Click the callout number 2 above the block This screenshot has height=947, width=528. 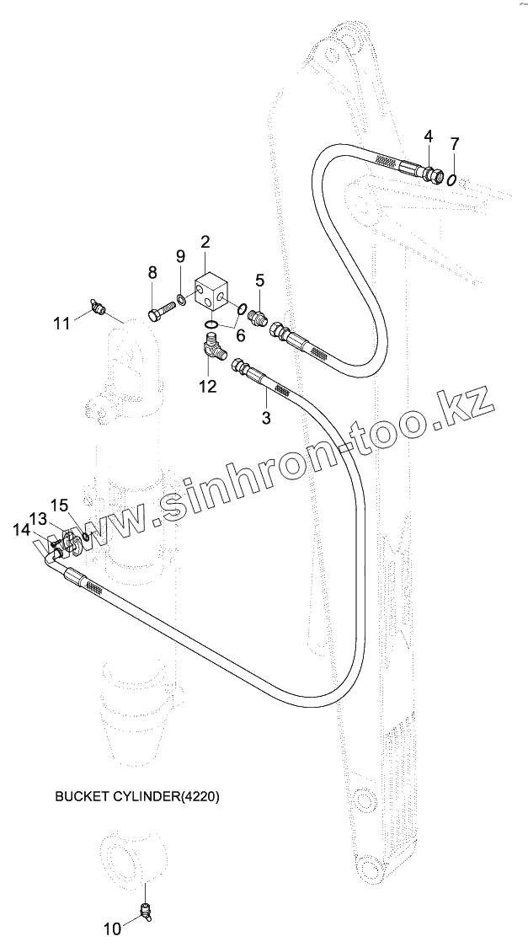point(205,242)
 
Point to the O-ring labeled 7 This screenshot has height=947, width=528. point(453,179)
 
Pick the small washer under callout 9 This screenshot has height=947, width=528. point(181,299)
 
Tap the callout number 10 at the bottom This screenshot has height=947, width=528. point(112,929)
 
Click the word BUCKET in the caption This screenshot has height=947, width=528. point(78,795)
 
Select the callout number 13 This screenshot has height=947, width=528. point(38,517)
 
